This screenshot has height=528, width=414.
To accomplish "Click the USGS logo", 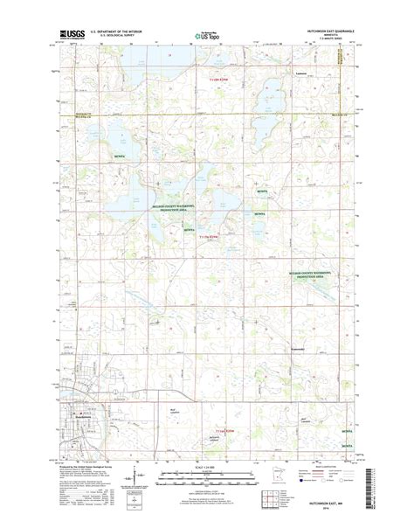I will click(72, 36).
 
